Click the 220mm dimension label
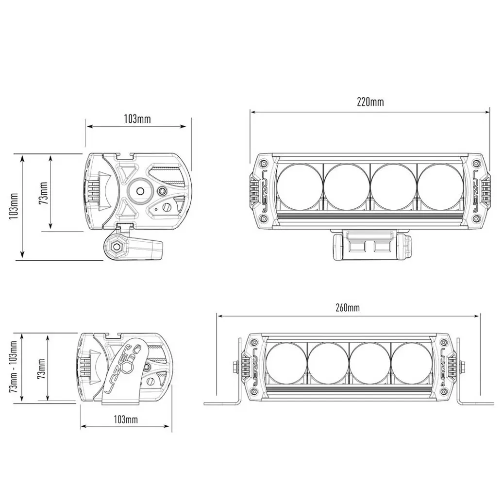[x=370, y=102]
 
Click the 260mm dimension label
[x=348, y=308]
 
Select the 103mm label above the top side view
[x=137, y=119]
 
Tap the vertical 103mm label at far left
[x=14, y=206]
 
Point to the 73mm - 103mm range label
[x=13, y=368]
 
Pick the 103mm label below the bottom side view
[x=126, y=419]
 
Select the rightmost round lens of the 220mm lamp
[x=440, y=187]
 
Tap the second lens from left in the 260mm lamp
[x=328, y=364]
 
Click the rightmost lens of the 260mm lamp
[x=412, y=364]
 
